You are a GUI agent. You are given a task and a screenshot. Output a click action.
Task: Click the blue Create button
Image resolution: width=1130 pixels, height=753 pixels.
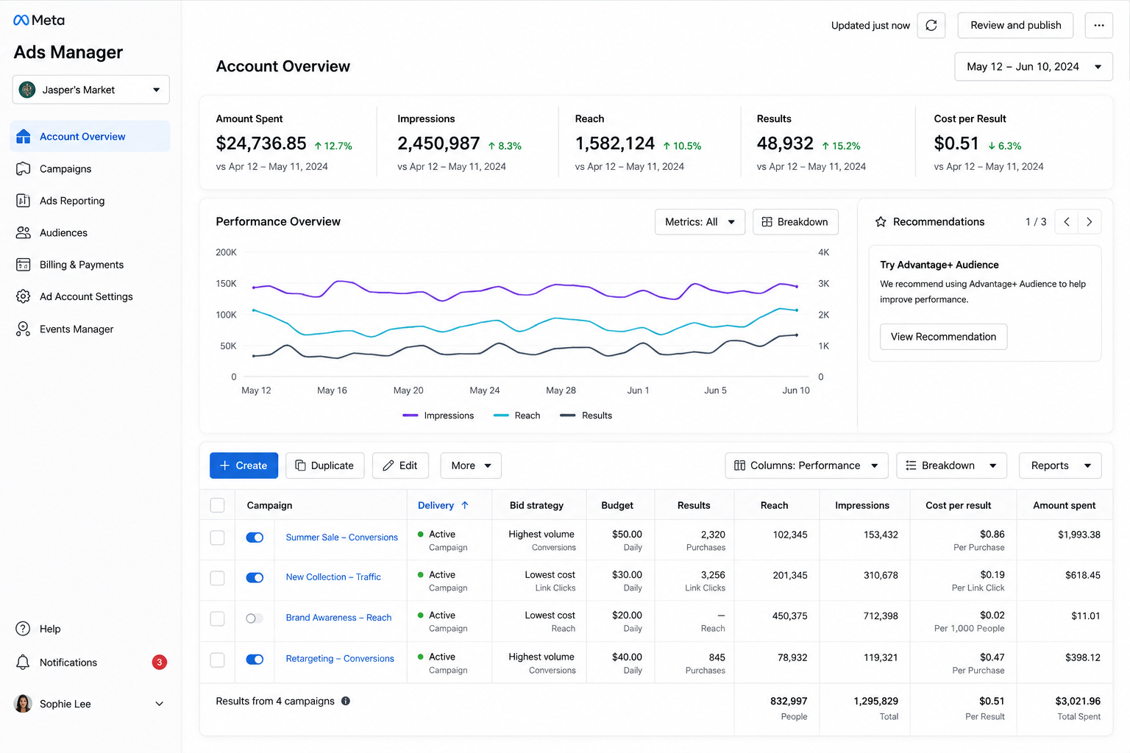coord(244,465)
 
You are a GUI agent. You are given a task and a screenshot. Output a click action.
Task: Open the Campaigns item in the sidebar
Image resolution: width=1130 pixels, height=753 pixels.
coord(65,168)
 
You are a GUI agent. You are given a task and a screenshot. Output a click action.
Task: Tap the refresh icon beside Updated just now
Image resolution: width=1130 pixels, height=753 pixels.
coord(931,25)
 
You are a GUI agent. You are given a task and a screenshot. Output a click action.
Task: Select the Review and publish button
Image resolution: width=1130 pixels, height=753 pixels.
coord(1015,25)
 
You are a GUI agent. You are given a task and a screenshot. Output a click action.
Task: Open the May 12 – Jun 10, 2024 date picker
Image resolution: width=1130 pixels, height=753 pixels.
coord(1033,67)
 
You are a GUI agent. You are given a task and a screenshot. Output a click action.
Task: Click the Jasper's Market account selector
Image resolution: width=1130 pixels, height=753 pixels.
coord(90,90)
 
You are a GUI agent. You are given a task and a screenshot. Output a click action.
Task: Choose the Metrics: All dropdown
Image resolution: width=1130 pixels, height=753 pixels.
coord(700,222)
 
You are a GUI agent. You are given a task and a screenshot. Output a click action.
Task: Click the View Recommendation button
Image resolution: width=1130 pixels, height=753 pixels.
coord(943,336)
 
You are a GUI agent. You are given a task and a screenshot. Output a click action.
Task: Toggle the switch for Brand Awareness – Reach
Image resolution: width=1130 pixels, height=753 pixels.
coord(255,618)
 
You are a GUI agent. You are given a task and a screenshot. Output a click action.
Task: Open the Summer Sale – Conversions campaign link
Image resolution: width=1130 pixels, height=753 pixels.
coord(341,537)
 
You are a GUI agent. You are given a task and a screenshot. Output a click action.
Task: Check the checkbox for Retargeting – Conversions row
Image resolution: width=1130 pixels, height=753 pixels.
coord(218,660)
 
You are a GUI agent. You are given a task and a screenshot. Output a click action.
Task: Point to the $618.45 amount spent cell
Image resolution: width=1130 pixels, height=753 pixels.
coord(1083,575)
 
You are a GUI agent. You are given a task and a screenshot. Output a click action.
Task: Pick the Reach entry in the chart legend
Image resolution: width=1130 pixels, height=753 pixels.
coord(516,415)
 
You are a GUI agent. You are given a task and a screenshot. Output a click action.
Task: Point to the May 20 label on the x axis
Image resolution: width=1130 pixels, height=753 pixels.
coord(408,390)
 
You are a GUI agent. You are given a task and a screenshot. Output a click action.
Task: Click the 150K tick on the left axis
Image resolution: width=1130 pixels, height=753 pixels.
coord(226,283)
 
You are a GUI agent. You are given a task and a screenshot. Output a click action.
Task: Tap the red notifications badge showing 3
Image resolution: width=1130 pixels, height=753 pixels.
coord(160,662)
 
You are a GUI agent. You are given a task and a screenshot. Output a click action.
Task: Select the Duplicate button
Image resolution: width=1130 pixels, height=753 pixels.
coord(325,465)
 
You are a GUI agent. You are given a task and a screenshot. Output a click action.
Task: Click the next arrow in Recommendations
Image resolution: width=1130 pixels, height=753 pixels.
coord(1090,222)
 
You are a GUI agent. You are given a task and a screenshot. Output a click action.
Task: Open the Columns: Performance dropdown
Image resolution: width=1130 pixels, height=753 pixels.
coord(806,465)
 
